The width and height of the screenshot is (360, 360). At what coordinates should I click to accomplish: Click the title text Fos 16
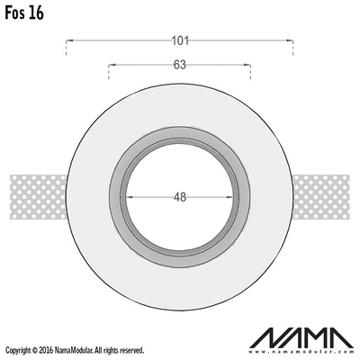[x=24, y=13]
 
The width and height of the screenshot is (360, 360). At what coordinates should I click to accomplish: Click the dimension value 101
[x=180, y=40]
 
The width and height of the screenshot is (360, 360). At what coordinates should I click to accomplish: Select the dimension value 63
[x=180, y=65]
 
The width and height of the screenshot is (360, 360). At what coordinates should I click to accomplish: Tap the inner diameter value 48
[x=180, y=197]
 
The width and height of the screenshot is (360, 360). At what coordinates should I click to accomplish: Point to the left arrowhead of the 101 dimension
[x=69, y=40]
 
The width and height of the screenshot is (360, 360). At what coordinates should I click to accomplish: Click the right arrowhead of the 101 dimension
[x=290, y=40]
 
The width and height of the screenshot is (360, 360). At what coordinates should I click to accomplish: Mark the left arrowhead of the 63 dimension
[x=112, y=65]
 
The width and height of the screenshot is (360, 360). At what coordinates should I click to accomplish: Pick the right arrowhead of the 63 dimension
[x=247, y=65]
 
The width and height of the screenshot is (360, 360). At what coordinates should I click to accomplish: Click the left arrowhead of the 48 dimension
[x=130, y=197]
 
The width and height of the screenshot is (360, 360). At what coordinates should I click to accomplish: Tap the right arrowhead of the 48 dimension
[x=229, y=197]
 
